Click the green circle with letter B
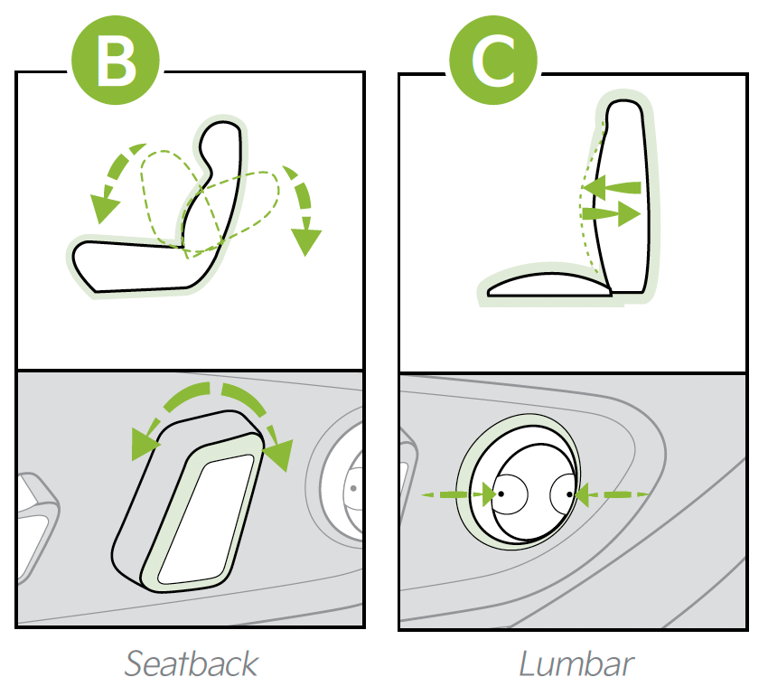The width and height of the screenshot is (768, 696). (x=116, y=60)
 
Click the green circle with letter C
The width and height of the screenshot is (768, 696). (x=493, y=60)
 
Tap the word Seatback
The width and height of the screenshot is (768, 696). (x=191, y=663)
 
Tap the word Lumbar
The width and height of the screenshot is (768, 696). (x=576, y=663)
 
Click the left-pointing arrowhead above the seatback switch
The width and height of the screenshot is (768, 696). (x=145, y=444)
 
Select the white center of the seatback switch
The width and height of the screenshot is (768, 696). (x=206, y=520)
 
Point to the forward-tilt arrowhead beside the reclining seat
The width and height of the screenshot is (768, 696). (x=104, y=208)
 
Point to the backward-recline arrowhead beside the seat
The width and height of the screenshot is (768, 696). (x=305, y=241)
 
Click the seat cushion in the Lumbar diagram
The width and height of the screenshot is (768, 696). (x=549, y=286)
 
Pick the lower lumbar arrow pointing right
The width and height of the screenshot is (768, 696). (x=612, y=213)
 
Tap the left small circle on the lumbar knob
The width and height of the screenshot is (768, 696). (x=510, y=494)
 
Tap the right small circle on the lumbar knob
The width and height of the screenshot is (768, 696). (x=562, y=494)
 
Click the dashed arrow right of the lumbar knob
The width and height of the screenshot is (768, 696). (x=613, y=494)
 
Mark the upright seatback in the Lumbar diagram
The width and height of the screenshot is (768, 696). (x=622, y=196)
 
